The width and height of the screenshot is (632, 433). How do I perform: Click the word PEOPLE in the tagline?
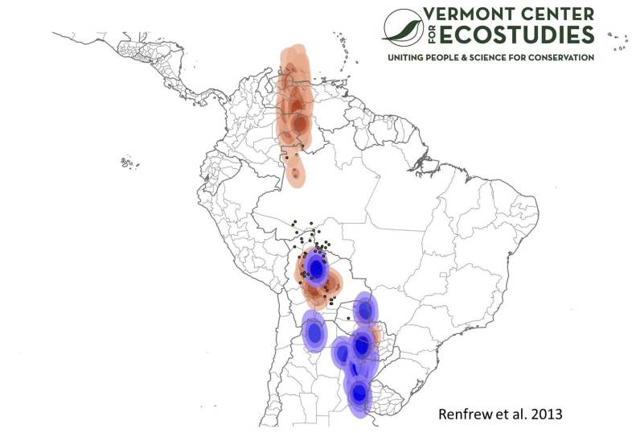coord(449,58)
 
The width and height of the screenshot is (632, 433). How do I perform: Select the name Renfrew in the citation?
coord(470,414)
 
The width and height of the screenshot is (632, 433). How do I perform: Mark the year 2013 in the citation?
coord(553,414)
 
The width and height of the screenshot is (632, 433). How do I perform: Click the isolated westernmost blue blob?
coord(314,332)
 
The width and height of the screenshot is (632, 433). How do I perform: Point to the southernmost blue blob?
coord(359,393)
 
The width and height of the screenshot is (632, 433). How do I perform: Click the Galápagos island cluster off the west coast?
coord(127,163)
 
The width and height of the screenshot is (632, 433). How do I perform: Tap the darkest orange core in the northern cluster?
coord(301,123)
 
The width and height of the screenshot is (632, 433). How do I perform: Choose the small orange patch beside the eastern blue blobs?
coord(376,332)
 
